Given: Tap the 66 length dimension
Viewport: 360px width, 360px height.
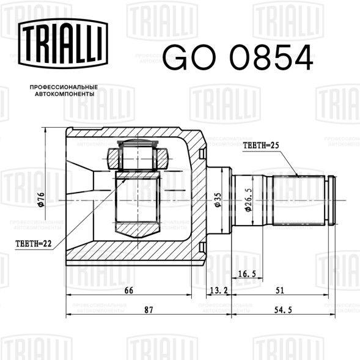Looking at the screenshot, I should [x=129, y=290].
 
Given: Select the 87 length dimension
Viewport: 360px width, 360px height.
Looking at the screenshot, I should [x=148, y=310].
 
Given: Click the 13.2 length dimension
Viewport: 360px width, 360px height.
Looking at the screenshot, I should [x=218, y=290].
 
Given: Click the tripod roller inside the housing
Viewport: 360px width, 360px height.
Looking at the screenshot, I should [x=138, y=159].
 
